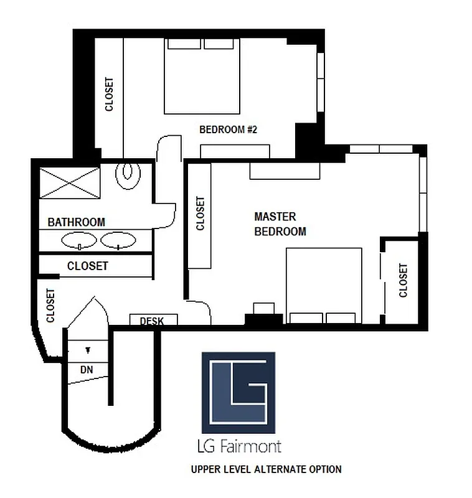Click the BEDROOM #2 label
click(x=228, y=129)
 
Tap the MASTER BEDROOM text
click(x=280, y=224)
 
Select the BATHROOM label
click(x=76, y=222)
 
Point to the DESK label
click(x=153, y=321)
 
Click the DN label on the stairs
click(x=87, y=369)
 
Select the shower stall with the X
click(x=68, y=182)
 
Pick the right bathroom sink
click(x=118, y=240)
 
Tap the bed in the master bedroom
click(x=324, y=286)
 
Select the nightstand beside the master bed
click(x=264, y=309)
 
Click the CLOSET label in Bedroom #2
click(x=110, y=94)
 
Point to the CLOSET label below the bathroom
click(x=88, y=266)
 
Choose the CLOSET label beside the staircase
click(x=50, y=305)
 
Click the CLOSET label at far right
click(x=403, y=281)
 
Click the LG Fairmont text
click(x=238, y=446)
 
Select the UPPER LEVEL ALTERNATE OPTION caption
click(x=266, y=469)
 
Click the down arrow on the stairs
click(x=88, y=350)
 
